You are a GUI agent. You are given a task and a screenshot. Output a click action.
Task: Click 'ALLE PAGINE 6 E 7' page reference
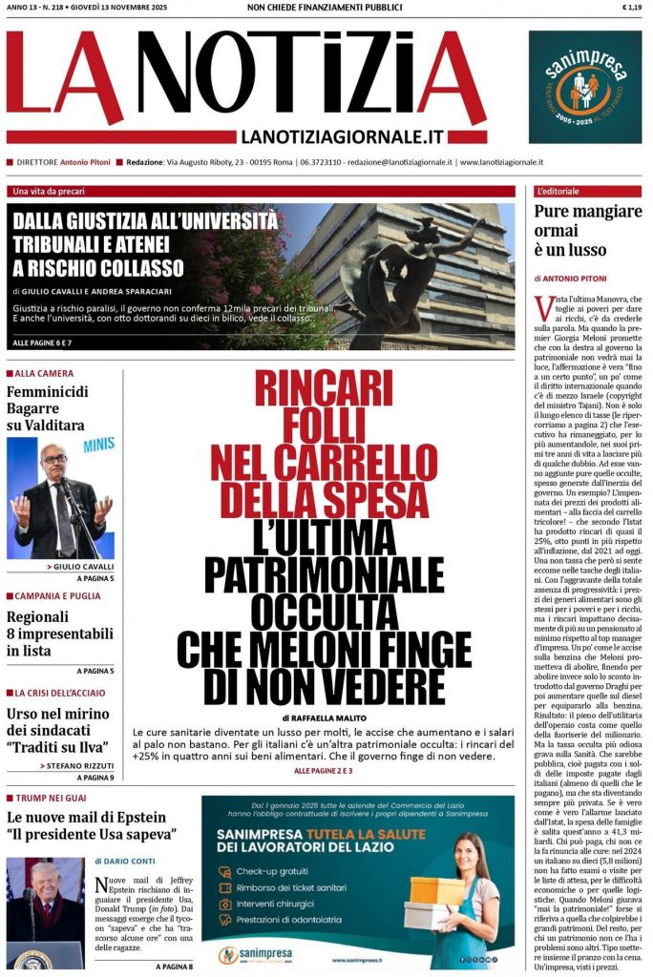pyautogui.click(x=42, y=342)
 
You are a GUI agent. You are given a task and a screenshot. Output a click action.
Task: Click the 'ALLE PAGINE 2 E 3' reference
pyautogui.click(x=323, y=770)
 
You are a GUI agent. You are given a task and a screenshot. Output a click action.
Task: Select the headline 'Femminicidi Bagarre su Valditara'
pyautogui.click(x=46, y=408)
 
